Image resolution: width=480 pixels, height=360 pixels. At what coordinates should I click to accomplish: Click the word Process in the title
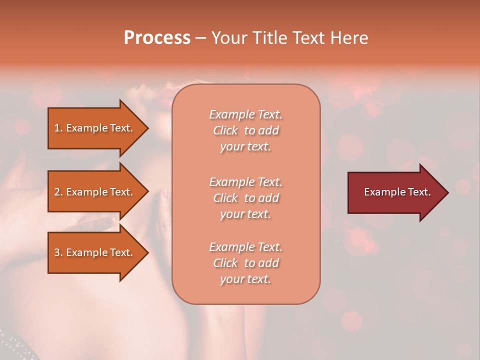(157, 38)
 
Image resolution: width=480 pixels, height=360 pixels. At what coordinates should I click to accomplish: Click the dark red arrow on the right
(395, 192)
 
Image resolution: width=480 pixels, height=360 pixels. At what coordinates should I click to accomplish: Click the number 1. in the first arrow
(58, 128)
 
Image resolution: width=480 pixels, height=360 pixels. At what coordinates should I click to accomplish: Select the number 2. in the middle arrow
(58, 192)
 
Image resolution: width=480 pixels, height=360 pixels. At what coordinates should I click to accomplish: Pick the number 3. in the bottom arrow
(58, 252)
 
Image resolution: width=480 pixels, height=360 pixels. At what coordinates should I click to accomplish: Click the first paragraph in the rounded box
(245, 130)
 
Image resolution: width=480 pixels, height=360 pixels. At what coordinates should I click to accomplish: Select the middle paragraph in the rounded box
(245, 197)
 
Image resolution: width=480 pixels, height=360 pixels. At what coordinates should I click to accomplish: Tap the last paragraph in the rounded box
(245, 263)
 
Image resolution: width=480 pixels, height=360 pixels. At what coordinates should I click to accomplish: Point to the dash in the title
(200, 38)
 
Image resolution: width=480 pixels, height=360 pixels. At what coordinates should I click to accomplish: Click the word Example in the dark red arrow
(383, 192)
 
